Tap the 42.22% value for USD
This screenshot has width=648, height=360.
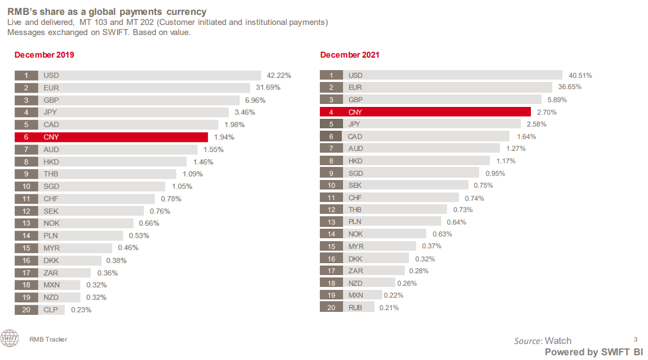pyautogui.click(x=279, y=75)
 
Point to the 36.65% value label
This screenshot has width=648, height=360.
pyautogui.click(x=570, y=87)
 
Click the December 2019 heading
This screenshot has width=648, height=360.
pyautogui.click(x=44, y=55)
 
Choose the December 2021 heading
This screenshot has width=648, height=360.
pyautogui.click(x=350, y=55)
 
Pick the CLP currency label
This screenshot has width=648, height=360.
pyautogui.click(x=51, y=310)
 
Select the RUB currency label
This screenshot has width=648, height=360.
pyautogui.click(x=356, y=307)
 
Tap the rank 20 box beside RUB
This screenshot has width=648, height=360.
pyautogui.click(x=331, y=307)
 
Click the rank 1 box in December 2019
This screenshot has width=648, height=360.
pyautogui.click(x=26, y=75)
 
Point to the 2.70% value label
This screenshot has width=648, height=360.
pyautogui.click(x=546, y=112)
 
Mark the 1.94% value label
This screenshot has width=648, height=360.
pyautogui.click(x=224, y=137)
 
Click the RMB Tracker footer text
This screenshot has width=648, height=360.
pyautogui.click(x=48, y=339)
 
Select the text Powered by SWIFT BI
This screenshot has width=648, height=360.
pyautogui.click(x=594, y=352)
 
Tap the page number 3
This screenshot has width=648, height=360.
pyautogui.click(x=636, y=338)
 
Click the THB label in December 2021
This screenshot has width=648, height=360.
pyautogui.click(x=356, y=209)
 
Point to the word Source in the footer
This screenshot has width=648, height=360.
pyautogui.click(x=528, y=341)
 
